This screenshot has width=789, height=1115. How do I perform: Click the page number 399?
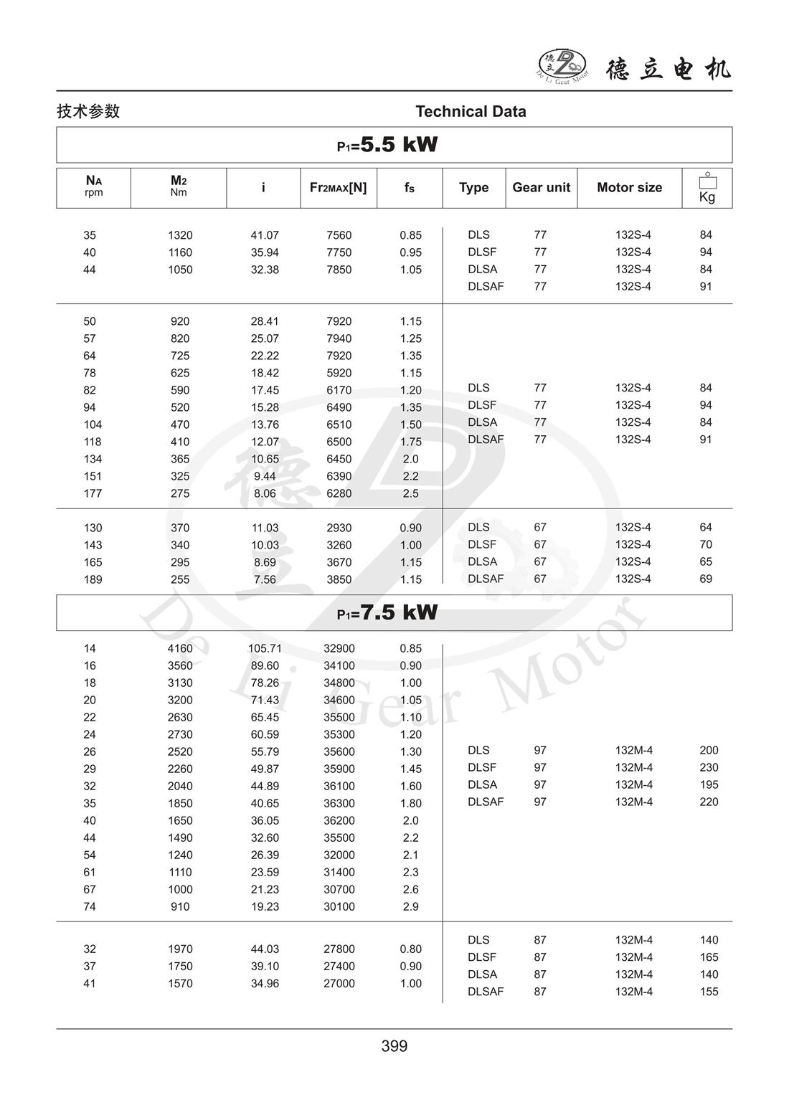[x=394, y=1046]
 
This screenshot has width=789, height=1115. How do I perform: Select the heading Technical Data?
[x=471, y=112]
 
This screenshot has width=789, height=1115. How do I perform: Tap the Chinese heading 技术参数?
[x=88, y=112]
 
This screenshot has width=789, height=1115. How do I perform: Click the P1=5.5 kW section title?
[x=387, y=145]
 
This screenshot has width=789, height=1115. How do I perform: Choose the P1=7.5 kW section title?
[x=387, y=612]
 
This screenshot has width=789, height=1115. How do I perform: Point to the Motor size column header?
[x=629, y=188]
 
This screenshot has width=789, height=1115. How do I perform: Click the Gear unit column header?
[x=541, y=188]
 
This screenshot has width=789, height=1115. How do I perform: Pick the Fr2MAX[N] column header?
[x=338, y=188]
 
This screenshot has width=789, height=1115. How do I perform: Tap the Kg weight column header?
[x=707, y=189]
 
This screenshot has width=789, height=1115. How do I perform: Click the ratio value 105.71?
[x=265, y=649]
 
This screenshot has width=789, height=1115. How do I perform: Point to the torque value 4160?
[x=180, y=649]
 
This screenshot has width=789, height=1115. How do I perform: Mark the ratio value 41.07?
[x=265, y=235]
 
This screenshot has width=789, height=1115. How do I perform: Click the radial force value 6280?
[x=339, y=493]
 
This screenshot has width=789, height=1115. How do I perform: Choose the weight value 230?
[x=709, y=767]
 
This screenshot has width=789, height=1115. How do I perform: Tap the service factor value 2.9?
[x=410, y=906]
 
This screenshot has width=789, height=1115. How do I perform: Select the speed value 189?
[x=93, y=579]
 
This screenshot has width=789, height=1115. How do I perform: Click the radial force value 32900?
[x=339, y=649]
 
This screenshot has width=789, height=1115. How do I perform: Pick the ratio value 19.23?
[x=265, y=906]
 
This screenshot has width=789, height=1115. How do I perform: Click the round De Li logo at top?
[x=562, y=65]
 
